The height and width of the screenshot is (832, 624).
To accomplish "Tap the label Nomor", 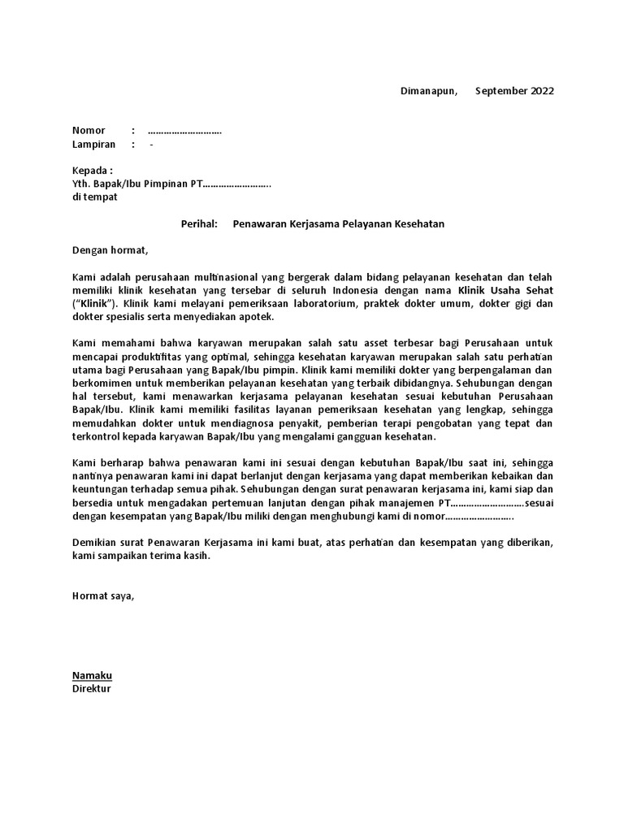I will coord(89,130).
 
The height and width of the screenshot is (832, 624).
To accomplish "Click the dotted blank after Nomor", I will coord(184,130).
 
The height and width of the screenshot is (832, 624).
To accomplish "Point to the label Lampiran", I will coord(93,145).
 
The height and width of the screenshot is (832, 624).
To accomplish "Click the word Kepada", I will coord(90,171).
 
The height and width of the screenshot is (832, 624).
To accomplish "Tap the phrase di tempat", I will coord(94,197).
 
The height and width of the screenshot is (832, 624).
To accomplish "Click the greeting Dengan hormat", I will coord(111,250).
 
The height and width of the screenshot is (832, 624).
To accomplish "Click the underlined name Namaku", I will coord(93,675).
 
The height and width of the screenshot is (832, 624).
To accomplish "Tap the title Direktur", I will coord(92,688).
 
